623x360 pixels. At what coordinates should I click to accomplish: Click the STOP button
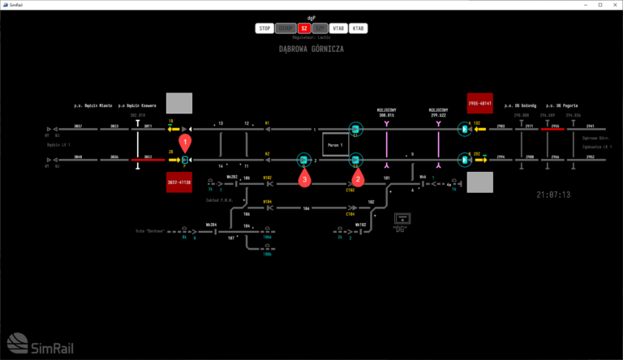click(264, 28)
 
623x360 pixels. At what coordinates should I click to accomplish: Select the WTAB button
click(338, 28)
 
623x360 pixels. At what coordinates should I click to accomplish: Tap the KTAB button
click(358, 28)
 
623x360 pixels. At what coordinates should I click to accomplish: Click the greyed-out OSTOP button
click(285, 28)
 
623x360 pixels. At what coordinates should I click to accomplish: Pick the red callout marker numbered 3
click(305, 178)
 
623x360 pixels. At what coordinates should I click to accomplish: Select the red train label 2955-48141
click(480, 103)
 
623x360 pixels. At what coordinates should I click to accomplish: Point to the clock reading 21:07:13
click(553, 195)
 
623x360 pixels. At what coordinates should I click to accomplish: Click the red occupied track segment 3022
click(148, 160)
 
